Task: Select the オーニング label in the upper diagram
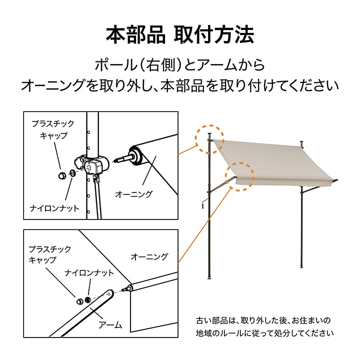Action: (133, 193)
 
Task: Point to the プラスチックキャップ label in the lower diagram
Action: (49, 254)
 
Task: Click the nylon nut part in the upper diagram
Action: (72, 173)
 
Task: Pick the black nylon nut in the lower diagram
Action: (88, 299)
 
